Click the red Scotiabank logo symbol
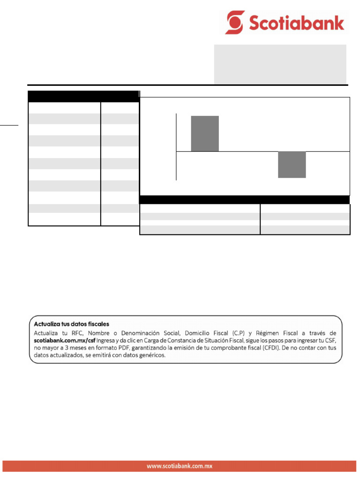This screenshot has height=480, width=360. [235, 22]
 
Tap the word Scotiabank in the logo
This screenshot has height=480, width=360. [296, 22]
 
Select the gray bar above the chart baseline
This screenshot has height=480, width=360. [205, 134]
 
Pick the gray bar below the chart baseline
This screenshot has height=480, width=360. [292, 165]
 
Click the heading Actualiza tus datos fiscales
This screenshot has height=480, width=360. [71, 324]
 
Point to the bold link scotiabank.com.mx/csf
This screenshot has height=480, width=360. [67, 340]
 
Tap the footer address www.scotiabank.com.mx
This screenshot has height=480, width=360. [180, 466]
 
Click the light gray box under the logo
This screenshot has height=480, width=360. [280, 64]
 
